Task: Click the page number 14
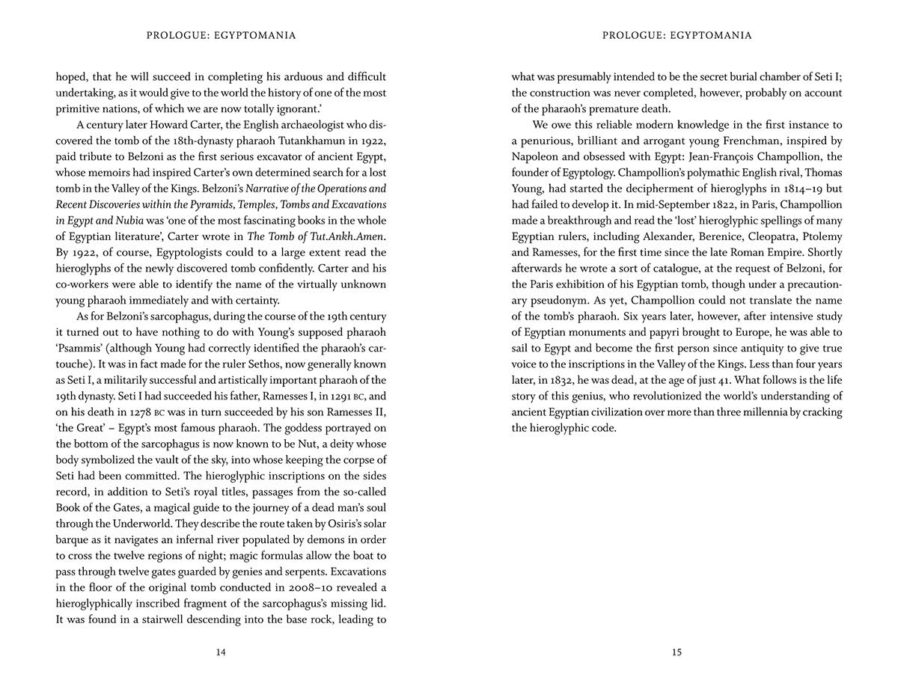tap(220, 652)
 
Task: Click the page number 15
tap(676, 652)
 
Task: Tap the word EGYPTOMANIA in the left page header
tap(257, 35)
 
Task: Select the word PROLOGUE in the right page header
tap(632, 35)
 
